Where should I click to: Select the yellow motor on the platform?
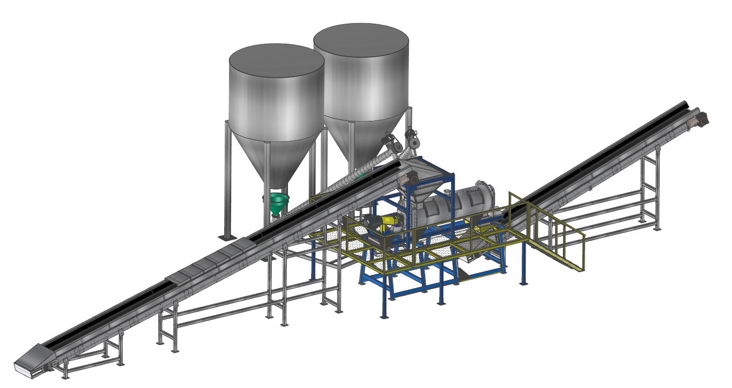(387, 222)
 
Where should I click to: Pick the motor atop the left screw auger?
(391, 142)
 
